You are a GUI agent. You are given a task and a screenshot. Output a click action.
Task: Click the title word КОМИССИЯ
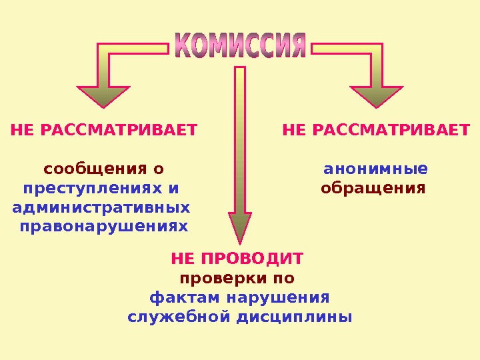tap(240, 45)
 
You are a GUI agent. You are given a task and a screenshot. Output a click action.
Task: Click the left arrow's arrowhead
tap(103, 97)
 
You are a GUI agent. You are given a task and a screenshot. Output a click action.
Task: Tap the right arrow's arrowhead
tap(376, 97)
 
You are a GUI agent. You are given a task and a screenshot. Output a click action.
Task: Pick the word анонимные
tap(375, 167)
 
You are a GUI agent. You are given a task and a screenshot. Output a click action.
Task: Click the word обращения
tap(373, 187)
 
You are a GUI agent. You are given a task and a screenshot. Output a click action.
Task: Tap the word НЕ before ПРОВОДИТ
tap(183, 257)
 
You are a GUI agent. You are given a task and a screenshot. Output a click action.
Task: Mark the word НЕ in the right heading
tap(294, 129)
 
